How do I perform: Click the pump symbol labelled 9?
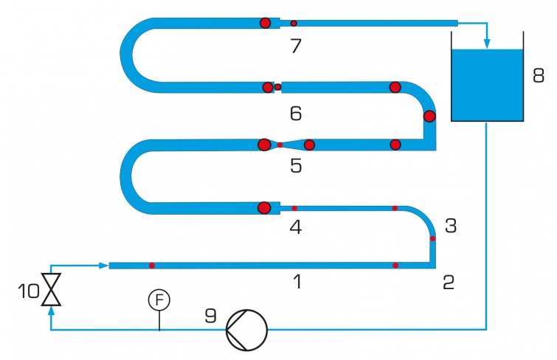[247, 330]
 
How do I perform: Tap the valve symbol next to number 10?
[51, 289]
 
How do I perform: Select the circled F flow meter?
[159, 300]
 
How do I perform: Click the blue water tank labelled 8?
[487, 86]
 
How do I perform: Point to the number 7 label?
[296, 46]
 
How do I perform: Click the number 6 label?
[296, 114]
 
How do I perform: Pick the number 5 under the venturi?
[296, 165]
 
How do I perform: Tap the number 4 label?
[296, 226]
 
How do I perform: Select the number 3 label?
[451, 225]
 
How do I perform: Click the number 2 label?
[449, 282]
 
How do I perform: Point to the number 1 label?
[298, 282]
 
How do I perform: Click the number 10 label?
[29, 291]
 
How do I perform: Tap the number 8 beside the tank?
[539, 76]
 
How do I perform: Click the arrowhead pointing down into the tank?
[487, 44]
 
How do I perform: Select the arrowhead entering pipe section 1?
[103, 266]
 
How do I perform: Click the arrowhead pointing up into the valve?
[51, 311]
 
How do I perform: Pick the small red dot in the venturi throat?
[280, 145]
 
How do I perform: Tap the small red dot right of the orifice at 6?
[278, 87]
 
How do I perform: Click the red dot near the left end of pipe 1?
[152, 266]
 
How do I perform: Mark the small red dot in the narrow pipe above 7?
[294, 24]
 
